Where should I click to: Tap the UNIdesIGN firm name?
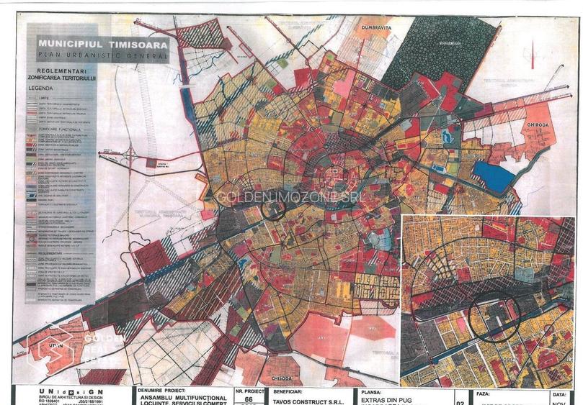[65, 391]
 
